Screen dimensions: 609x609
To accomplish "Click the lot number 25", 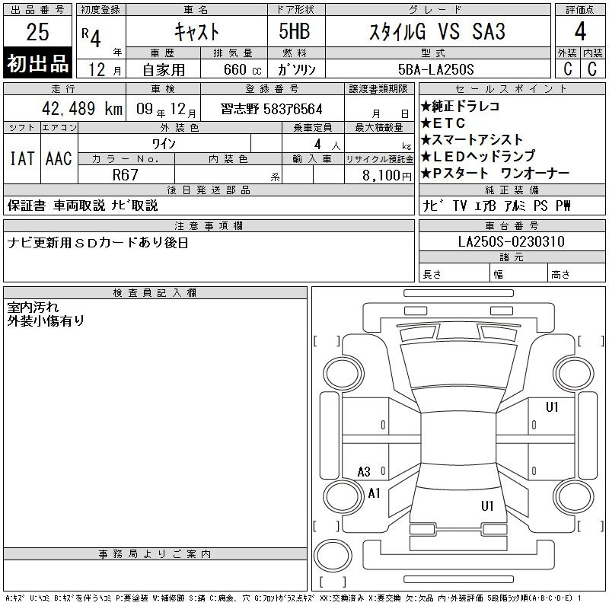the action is (x=37, y=31).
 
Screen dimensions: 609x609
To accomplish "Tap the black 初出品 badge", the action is (x=37, y=63).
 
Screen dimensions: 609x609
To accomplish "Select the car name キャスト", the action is (x=196, y=31).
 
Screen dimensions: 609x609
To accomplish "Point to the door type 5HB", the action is (x=295, y=31).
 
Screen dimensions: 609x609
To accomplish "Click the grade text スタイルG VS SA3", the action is (x=437, y=31).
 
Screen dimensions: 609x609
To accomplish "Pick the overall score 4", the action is (x=580, y=31).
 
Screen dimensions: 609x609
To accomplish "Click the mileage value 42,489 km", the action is (x=82, y=109).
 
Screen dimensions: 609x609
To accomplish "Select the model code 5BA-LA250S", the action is (x=435, y=69).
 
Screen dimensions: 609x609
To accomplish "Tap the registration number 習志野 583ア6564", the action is (x=272, y=109).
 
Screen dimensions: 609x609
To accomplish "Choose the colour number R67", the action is (x=125, y=175).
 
